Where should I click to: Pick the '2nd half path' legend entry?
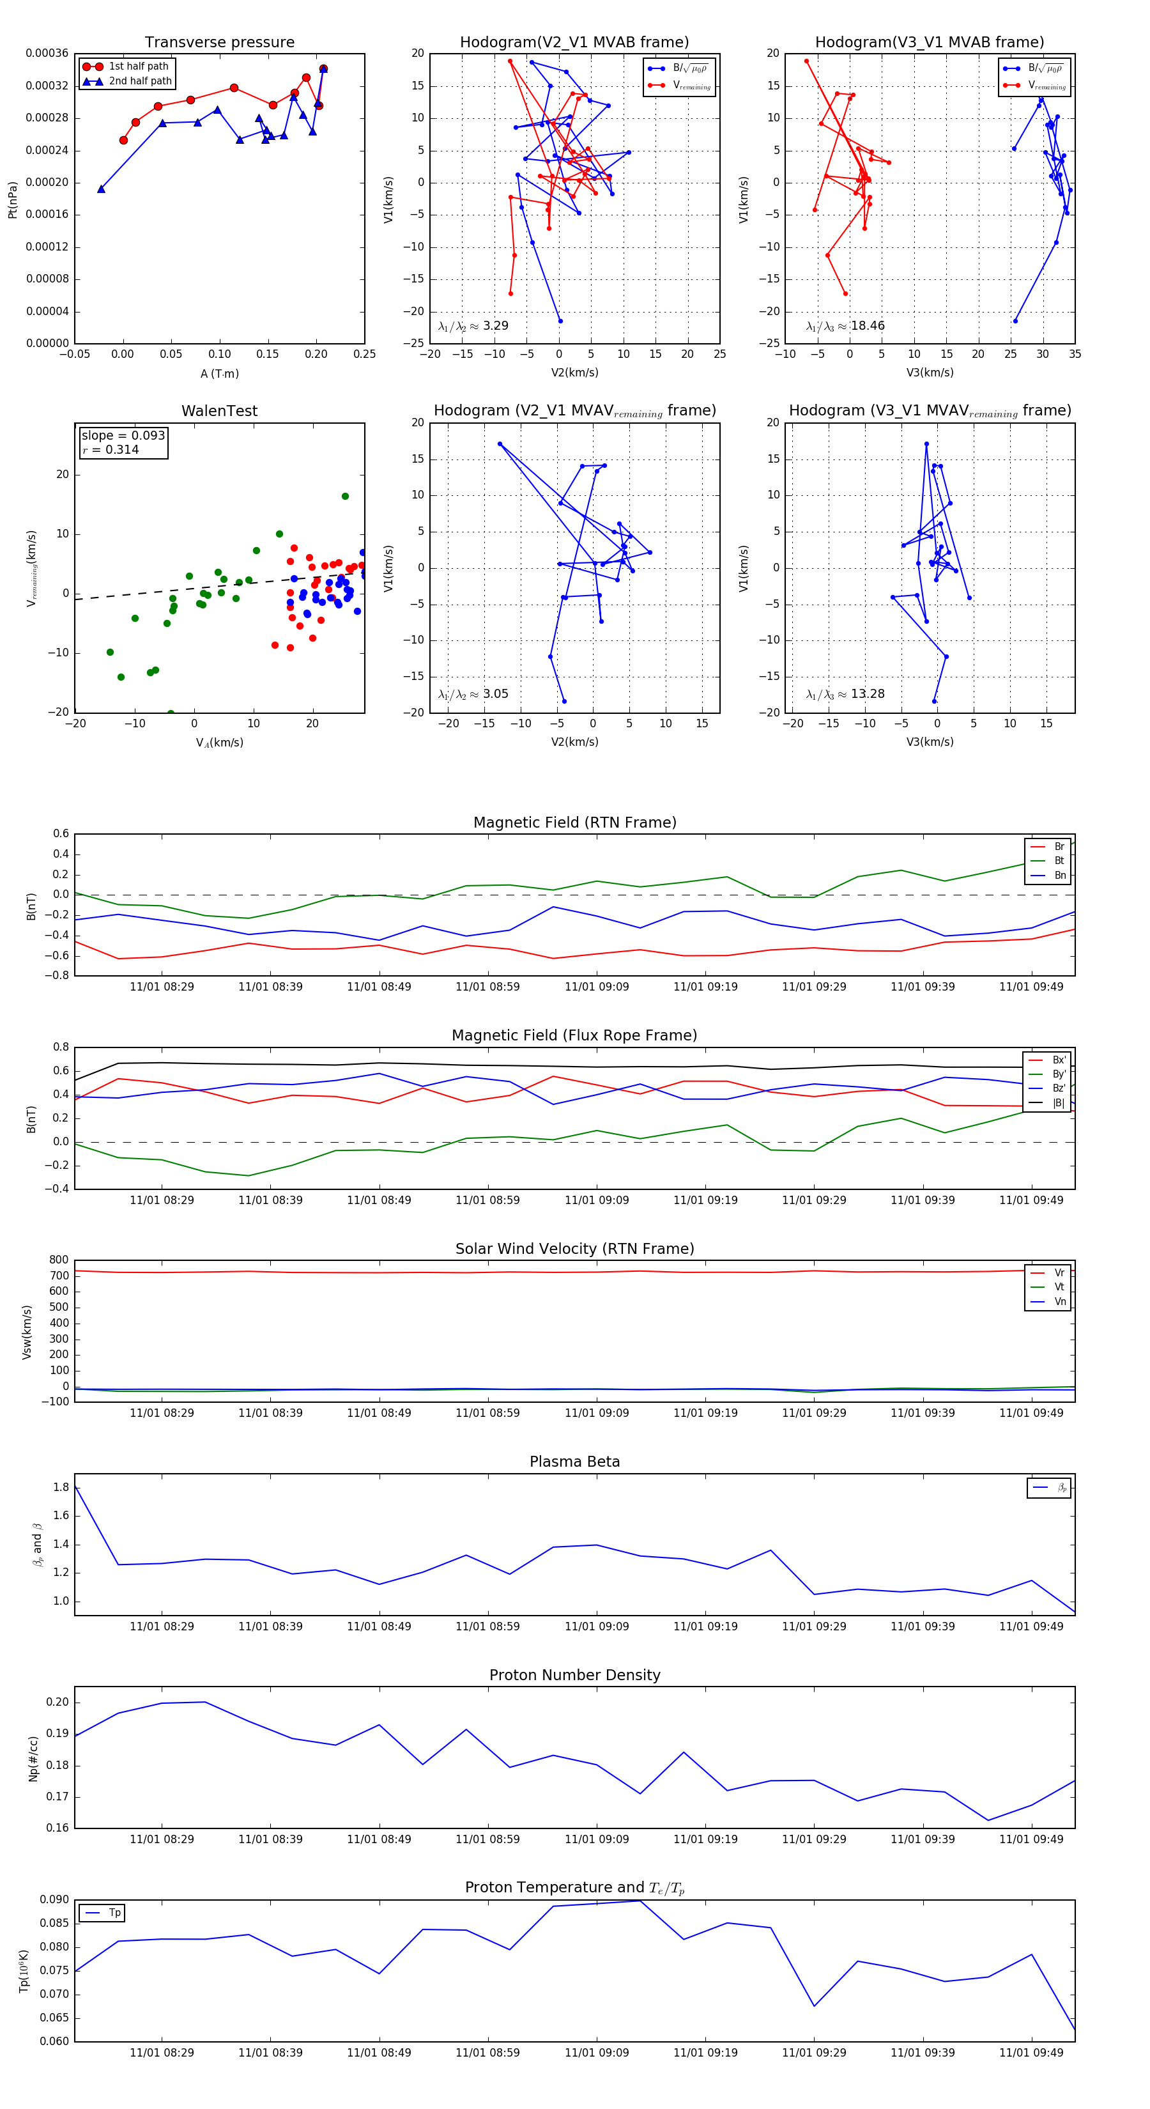140,81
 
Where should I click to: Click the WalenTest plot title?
219,411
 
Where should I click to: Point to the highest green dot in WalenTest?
344,496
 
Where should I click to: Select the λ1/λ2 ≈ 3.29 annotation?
473,326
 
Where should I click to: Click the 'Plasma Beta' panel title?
574,1462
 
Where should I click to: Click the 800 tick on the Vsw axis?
59,1260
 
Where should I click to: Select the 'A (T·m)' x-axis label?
219,374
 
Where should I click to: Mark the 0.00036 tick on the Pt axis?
47,54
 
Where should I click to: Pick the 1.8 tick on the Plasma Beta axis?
61,1487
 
